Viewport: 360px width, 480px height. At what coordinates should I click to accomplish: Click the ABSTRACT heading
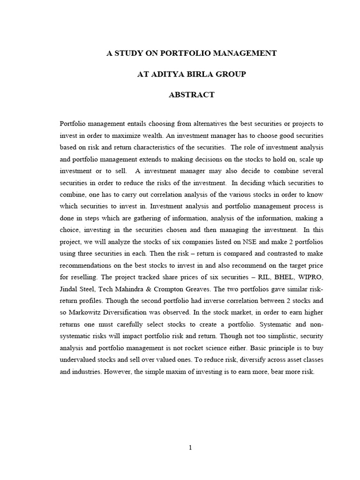(191, 95)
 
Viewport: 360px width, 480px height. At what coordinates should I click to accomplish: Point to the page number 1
(190, 448)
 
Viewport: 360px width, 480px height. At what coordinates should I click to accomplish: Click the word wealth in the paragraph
(151, 135)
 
